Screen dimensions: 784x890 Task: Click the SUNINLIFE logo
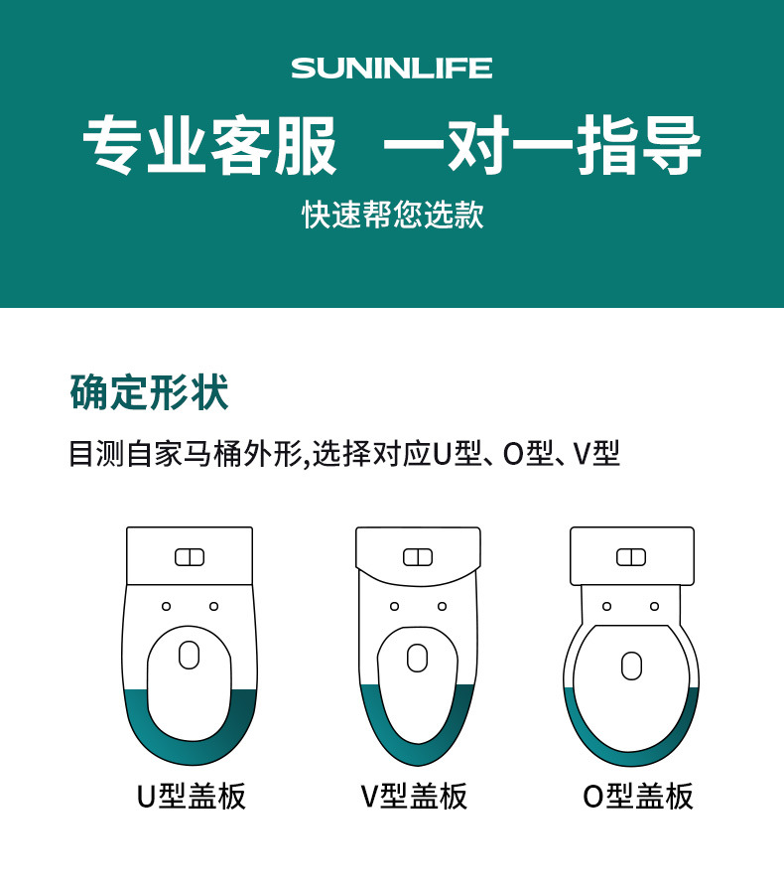391,69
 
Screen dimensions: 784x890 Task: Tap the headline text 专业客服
210,145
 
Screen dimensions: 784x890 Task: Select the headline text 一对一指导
543,145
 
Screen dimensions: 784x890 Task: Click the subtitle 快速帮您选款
392,215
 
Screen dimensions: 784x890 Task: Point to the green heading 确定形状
149,392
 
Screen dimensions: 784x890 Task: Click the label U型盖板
192,796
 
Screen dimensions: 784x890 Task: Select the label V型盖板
414,796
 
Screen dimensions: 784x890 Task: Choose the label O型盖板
638,796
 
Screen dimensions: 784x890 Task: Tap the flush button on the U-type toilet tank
190,557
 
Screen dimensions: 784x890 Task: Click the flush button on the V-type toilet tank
418,557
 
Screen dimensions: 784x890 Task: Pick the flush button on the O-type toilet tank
631,557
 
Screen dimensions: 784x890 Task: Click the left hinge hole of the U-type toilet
166,606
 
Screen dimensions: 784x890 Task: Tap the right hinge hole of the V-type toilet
442,606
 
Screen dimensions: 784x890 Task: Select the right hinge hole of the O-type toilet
655,606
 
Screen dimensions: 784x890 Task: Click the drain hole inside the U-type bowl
189,655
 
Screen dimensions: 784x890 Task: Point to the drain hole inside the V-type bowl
417,658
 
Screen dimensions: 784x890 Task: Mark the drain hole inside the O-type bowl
631,666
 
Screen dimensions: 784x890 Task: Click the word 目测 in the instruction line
96,454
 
